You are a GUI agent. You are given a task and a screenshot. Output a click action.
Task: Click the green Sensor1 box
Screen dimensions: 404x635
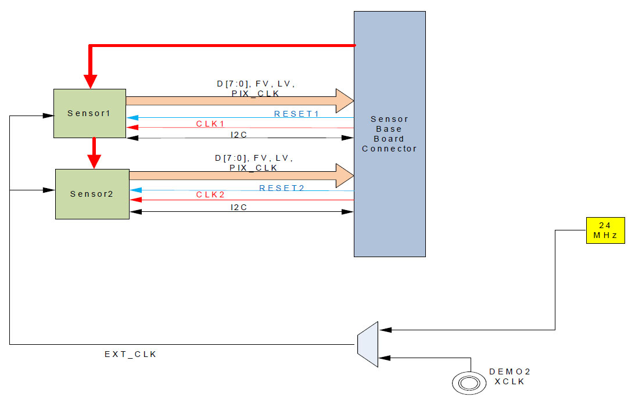click(89, 113)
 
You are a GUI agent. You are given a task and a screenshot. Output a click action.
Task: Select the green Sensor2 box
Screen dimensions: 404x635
click(92, 194)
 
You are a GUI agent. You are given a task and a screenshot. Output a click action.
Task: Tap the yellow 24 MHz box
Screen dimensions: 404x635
click(605, 230)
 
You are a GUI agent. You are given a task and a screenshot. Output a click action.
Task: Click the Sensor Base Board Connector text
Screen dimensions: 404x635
click(389, 134)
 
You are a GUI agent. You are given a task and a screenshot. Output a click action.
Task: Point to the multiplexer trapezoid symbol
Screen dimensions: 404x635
click(367, 341)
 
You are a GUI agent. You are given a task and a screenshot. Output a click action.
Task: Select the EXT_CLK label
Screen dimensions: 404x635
click(130, 354)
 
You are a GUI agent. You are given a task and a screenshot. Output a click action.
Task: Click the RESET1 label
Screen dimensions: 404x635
click(296, 114)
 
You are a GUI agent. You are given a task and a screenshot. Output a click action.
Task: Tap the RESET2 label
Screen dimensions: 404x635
click(282, 187)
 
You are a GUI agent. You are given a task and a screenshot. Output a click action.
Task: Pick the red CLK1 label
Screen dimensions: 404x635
click(210, 124)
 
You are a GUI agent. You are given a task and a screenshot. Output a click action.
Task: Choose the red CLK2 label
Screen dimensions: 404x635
click(210, 194)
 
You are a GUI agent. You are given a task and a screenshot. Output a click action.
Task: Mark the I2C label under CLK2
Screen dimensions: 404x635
click(239, 207)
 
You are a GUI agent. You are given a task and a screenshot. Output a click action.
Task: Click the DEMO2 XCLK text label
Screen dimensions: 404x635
click(510, 376)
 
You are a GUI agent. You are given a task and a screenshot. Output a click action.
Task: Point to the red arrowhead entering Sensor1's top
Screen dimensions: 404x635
click(89, 82)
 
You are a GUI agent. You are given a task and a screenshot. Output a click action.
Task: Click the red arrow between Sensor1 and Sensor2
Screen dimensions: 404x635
click(93, 153)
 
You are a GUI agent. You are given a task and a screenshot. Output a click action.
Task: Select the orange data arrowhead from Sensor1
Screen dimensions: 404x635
click(345, 101)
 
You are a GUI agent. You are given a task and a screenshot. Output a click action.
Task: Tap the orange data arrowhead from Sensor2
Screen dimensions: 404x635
click(345, 175)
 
